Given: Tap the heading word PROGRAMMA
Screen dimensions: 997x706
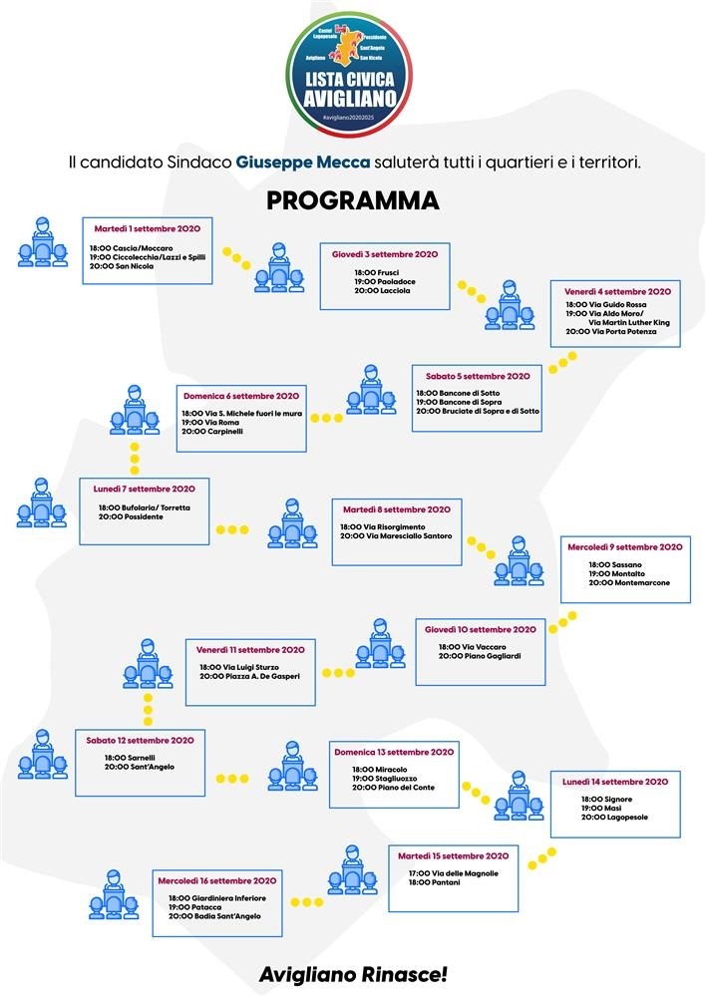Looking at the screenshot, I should (x=353, y=200).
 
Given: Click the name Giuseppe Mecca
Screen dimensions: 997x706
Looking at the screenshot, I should (x=303, y=161).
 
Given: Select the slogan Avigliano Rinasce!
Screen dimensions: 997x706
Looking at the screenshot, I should (x=353, y=974).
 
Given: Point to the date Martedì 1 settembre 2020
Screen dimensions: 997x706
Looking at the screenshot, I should (x=148, y=228).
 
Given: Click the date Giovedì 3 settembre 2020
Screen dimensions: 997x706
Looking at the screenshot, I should (x=385, y=254).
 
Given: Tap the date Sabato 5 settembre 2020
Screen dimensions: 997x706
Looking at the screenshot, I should (x=478, y=377).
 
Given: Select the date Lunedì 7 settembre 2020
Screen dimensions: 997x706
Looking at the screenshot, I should (x=146, y=489).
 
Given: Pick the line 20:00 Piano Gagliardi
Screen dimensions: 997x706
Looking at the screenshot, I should (x=479, y=657).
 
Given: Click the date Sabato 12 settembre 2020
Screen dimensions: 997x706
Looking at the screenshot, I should (x=140, y=741).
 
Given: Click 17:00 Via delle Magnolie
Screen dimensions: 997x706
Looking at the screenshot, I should (x=453, y=873).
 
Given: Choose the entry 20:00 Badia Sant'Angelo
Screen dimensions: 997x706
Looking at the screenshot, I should (x=214, y=916).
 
